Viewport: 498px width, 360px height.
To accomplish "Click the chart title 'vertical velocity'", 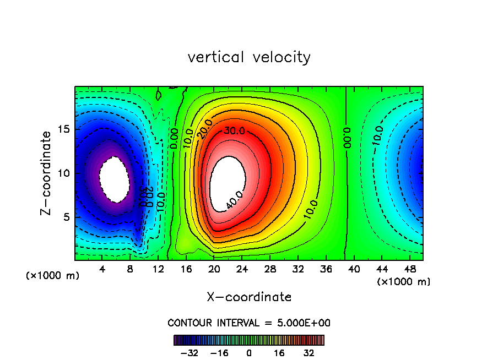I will [249, 57].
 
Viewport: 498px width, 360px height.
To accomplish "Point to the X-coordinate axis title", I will [249, 297].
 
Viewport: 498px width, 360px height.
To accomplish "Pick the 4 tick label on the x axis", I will [102, 270].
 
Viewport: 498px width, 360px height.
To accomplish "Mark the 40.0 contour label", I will [234, 202].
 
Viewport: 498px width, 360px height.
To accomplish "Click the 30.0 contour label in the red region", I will [233, 131].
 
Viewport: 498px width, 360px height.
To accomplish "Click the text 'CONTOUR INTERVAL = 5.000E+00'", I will [249, 323].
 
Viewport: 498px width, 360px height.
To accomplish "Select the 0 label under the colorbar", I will [249, 353].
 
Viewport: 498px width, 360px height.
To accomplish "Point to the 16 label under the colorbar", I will [279, 353].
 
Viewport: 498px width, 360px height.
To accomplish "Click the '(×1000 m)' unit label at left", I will [53, 276].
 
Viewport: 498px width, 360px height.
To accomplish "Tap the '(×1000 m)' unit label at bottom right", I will [404, 282].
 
